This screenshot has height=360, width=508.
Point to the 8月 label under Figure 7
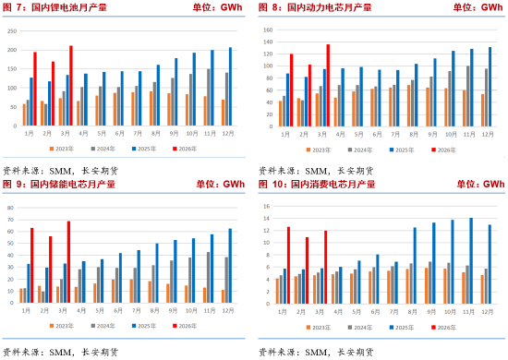tap(157, 133)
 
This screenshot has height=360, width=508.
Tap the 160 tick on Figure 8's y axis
tap(268, 30)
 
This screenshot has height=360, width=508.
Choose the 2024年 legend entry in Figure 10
tap(361, 326)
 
